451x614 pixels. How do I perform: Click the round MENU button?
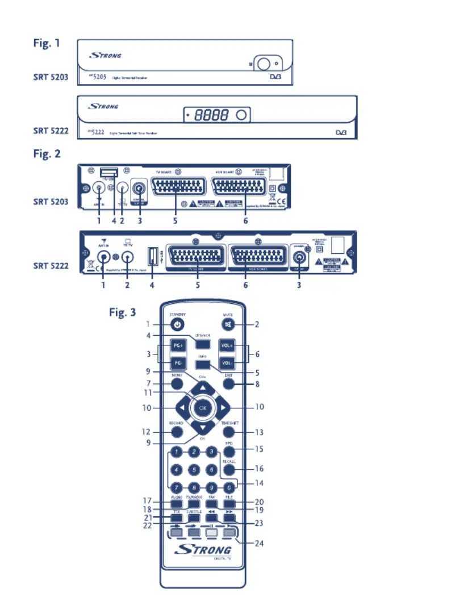click(177, 384)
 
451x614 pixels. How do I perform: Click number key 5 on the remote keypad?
click(194, 470)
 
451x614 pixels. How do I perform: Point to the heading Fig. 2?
click(47, 153)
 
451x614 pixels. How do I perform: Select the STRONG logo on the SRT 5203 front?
click(105, 56)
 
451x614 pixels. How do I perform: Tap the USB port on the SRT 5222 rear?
click(152, 257)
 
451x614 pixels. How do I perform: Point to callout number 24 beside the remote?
click(259, 544)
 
